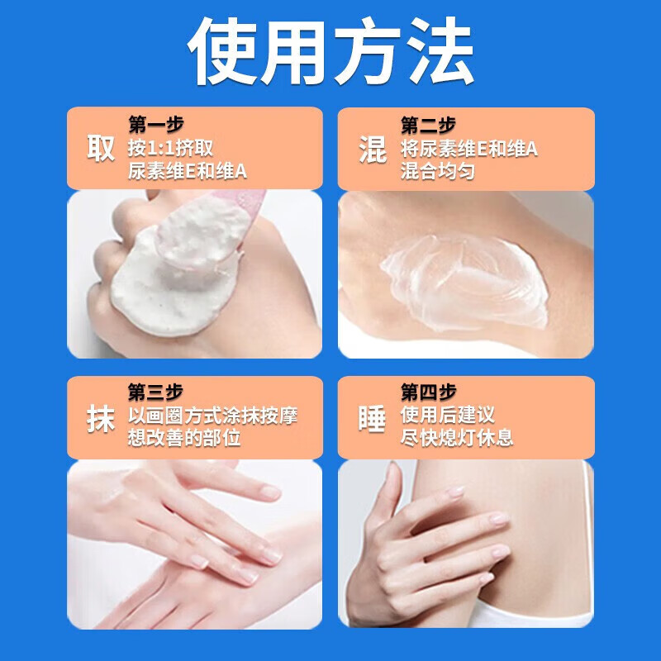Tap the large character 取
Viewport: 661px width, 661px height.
click(x=101, y=149)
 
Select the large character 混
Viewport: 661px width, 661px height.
click(x=373, y=149)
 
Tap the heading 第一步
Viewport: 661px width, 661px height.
click(x=155, y=126)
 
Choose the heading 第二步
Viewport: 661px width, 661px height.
click(x=428, y=126)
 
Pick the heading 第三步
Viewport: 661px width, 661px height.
click(x=155, y=392)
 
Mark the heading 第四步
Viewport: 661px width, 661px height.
click(x=428, y=392)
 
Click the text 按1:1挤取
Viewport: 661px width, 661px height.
click(x=171, y=149)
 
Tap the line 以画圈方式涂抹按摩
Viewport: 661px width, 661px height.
click(x=212, y=415)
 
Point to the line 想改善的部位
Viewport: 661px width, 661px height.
click(x=184, y=438)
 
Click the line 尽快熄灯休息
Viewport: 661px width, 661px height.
click(x=457, y=438)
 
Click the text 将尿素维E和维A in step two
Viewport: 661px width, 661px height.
click(x=469, y=149)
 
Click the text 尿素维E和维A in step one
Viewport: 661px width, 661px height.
click(x=188, y=172)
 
